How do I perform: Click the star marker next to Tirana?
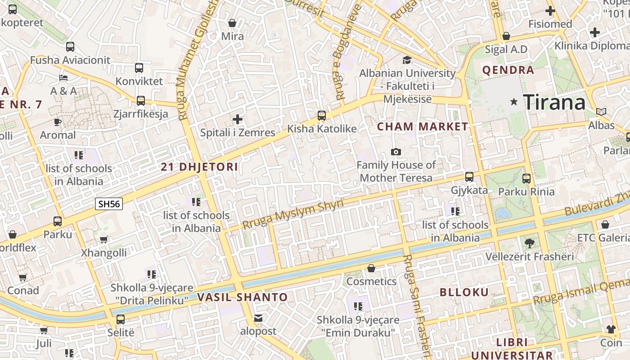coord(514,102)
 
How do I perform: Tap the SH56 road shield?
coord(109,204)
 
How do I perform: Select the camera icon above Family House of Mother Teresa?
coord(396,152)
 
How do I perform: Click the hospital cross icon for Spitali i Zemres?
coord(237,119)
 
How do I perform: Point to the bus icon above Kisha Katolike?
coord(322,116)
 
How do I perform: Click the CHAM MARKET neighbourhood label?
coord(423,126)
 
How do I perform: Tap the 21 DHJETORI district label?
coord(199,167)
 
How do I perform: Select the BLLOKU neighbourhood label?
coord(464,292)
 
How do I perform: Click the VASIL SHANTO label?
coord(242,297)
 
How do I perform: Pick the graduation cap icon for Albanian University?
coord(407,60)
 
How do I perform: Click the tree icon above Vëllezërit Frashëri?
coord(530,243)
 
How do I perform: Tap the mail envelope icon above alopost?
coord(258,318)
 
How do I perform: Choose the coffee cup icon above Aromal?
coord(58,122)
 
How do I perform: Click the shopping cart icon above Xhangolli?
coord(103,240)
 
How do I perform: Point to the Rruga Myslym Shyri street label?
coord(292,214)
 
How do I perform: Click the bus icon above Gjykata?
coord(469,177)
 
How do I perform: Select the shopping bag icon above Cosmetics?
coord(371,269)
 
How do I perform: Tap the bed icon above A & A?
coord(63,78)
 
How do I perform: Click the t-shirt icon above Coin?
coord(611,329)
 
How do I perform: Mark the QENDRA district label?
coord(508,70)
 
